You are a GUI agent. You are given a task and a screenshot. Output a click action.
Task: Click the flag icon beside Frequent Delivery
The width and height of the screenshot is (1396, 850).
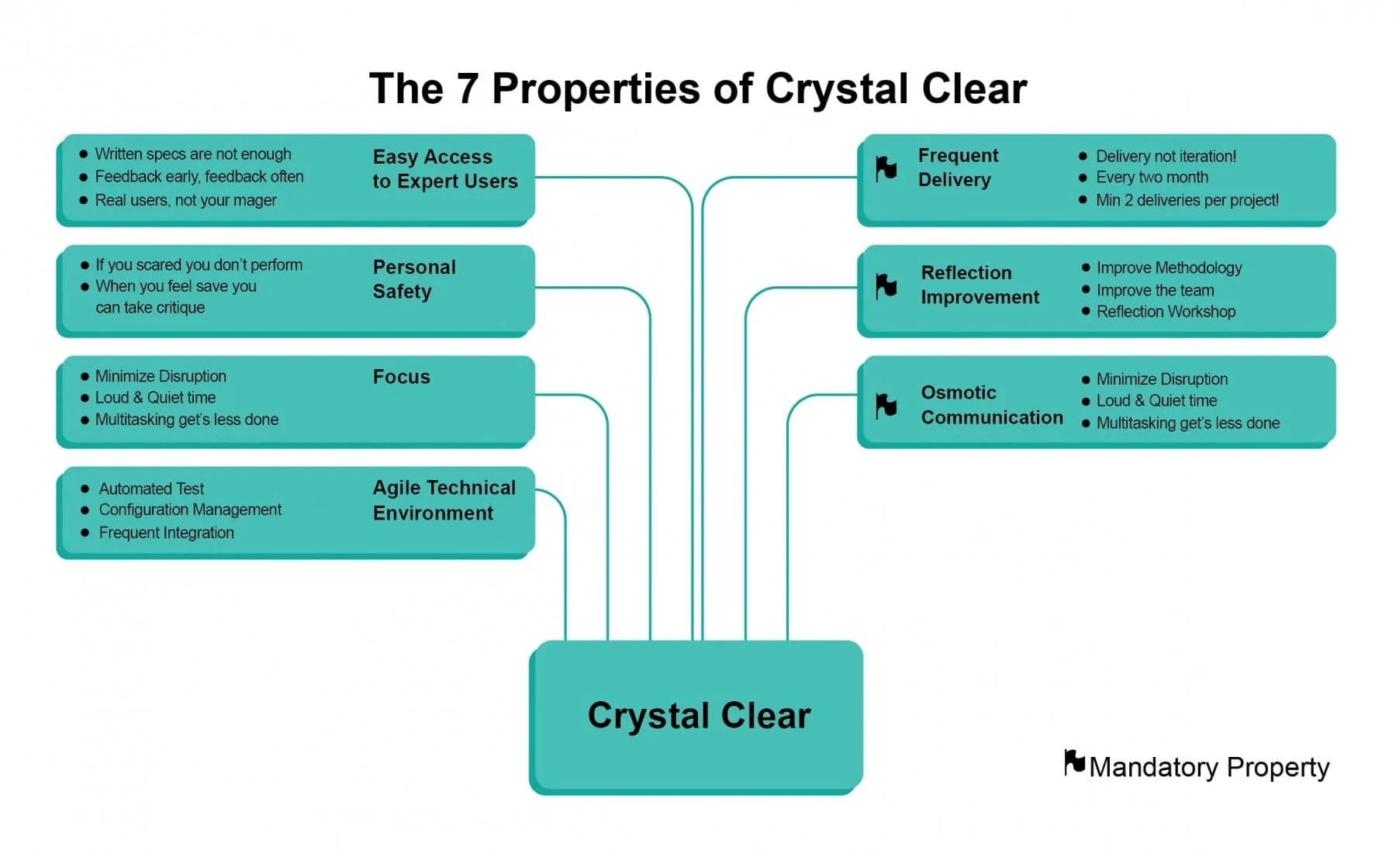(x=886, y=168)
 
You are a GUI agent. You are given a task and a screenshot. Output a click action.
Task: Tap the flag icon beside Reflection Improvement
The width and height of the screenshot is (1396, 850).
(x=886, y=285)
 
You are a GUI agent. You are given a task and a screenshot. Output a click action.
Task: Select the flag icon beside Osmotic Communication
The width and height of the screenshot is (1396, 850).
(x=886, y=405)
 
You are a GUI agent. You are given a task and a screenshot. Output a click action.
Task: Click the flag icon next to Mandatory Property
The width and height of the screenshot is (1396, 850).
(x=1074, y=762)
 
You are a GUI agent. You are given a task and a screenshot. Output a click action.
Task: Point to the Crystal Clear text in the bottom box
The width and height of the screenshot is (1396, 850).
(x=699, y=715)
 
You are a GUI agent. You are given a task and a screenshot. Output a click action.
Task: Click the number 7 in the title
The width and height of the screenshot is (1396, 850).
(x=467, y=88)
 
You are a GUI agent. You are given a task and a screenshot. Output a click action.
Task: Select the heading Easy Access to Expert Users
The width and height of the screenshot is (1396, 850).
(x=444, y=169)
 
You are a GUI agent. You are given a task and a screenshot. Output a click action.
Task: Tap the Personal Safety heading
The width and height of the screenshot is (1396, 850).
(x=414, y=279)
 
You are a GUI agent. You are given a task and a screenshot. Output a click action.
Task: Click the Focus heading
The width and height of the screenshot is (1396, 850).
(x=401, y=377)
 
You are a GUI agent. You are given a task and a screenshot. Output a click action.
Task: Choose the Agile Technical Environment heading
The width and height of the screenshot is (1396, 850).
(x=444, y=500)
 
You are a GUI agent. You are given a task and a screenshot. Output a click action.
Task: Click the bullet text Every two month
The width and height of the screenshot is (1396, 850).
(x=1152, y=178)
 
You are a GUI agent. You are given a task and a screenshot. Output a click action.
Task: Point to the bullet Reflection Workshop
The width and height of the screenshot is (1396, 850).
(x=1166, y=312)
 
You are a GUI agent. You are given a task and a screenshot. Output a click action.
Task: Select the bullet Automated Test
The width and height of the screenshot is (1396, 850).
(x=151, y=489)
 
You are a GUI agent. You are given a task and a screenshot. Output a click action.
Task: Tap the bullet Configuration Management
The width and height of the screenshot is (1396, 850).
(x=190, y=510)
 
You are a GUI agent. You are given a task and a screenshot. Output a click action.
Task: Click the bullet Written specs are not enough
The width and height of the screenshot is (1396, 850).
(x=193, y=154)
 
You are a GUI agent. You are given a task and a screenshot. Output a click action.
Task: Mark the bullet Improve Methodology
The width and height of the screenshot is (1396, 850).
(x=1169, y=268)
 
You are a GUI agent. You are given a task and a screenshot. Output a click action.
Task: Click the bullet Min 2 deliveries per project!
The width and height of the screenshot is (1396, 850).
(x=1187, y=200)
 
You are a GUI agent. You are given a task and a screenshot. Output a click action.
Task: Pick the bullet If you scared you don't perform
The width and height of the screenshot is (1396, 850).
(x=199, y=265)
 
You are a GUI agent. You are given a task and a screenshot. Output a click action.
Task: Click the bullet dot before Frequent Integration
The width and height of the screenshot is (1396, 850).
(x=85, y=533)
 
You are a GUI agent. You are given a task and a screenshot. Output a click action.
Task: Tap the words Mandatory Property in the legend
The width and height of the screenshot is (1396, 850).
(x=1209, y=767)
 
